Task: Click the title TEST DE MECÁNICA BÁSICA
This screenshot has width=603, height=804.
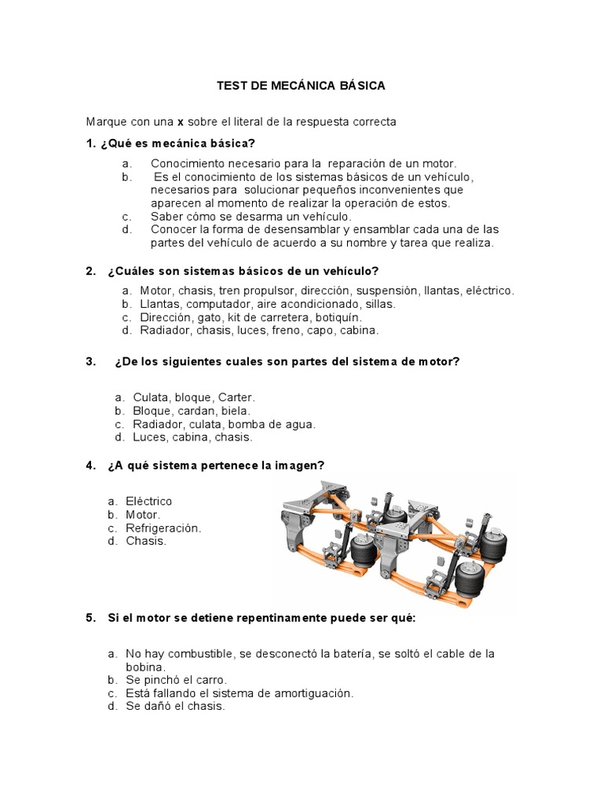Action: pyautogui.click(x=301, y=86)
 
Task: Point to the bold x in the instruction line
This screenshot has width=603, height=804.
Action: pyautogui.click(x=180, y=122)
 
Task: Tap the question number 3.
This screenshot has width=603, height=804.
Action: pyautogui.click(x=90, y=361)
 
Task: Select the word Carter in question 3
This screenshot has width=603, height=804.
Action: pyautogui.click(x=237, y=397)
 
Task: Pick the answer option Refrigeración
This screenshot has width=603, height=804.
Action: pyautogui.click(x=163, y=528)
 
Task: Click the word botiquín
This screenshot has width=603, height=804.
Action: pyautogui.click(x=337, y=317)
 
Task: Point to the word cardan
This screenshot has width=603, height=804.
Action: pyautogui.click(x=200, y=411)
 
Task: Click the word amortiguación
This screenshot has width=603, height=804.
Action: pyautogui.click(x=309, y=693)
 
